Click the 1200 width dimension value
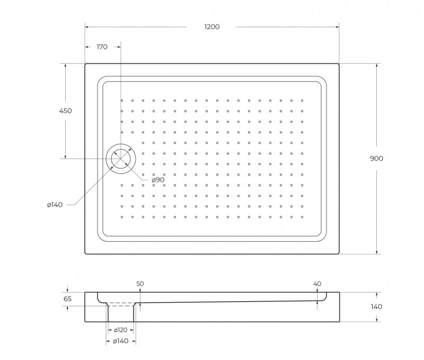pyautogui.click(x=211, y=27)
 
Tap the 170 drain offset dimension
pyautogui.click(x=102, y=47)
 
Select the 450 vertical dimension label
pyautogui.click(x=65, y=111)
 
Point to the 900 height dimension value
pyautogui.click(x=376, y=159)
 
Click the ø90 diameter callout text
pyautogui.click(x=158, y=180)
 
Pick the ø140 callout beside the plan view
pyautogui.click(x=55, y=205)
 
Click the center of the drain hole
pyautogui.click(x=121, y=159)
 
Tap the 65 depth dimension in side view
pyautogui.click(x=68, y=299)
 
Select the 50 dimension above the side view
pyautogui.click(x=140, y=284)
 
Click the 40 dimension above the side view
pyautogui.click(x=317, y=284)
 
